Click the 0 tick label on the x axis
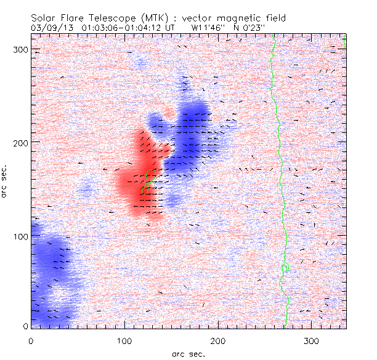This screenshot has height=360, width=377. point(31,340)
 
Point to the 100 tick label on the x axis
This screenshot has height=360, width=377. point(124,340)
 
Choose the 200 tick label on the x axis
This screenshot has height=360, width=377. point(217,340)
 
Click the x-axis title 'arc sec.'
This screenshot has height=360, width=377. point(188,354)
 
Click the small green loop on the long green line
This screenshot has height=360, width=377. point(285,268)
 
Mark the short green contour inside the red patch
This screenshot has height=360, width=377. point(146,182)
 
